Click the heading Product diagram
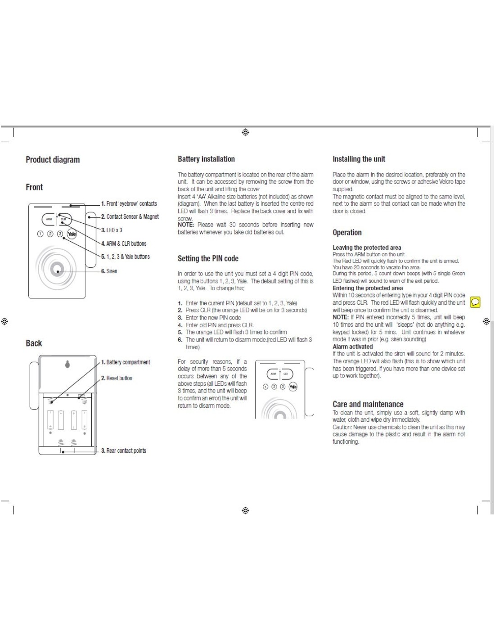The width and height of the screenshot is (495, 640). (53, 160)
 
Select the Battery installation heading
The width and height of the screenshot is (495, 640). (206, 159)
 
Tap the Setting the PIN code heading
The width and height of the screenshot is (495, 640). (208, 258)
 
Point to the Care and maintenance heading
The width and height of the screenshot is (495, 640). (368, 404)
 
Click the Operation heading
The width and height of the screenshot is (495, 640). (347, 233)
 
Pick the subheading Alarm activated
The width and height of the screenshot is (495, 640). (352, 347)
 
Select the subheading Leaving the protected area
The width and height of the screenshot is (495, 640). (367, 248)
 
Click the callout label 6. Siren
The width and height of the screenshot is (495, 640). (109, 271)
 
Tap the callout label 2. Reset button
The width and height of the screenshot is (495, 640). (117, 378)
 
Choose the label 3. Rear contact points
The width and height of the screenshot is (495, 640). (124, 451)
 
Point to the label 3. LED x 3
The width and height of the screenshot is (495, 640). (112, 230)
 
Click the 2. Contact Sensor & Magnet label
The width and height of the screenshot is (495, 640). (130, 216)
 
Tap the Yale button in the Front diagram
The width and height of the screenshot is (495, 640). (72, 234)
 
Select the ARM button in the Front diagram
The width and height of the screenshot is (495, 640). (49, 219)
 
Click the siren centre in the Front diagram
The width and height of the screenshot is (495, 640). (57, 269)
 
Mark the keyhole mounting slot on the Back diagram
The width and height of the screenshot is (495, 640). (67, 364)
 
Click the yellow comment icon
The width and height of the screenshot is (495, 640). (475, 302)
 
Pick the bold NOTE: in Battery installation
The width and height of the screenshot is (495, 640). (186, 225)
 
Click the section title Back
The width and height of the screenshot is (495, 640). (34, 343)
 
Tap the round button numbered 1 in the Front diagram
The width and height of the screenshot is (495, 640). (40, 234)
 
